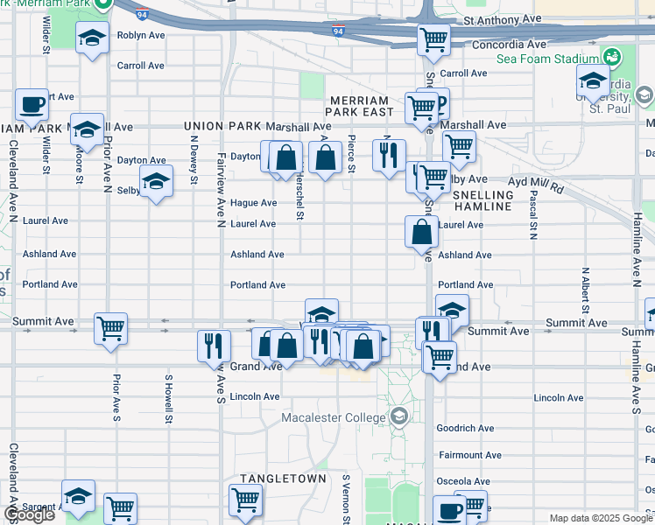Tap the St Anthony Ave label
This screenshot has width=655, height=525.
point(504,18)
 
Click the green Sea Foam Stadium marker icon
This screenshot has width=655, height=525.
point(611,58)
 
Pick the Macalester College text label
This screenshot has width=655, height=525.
point(335,416)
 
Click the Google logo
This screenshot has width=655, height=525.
point(29,514)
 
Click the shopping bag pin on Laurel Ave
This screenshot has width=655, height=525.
point(422,232)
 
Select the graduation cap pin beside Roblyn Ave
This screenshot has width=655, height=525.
point(92,38)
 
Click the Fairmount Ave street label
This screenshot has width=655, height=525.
point(471,455)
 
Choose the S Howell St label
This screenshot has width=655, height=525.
point(167,399)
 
